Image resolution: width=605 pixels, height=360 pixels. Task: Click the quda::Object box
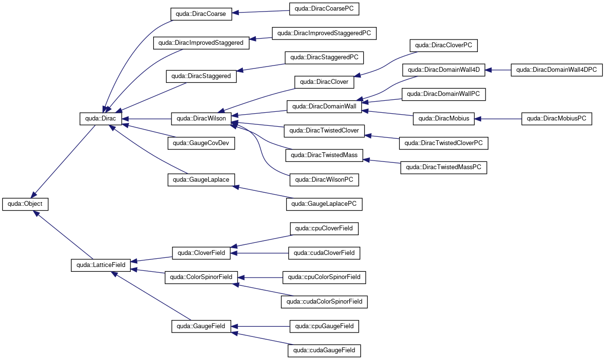coord(26,204)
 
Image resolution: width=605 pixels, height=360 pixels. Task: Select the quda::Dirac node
coord(101,119)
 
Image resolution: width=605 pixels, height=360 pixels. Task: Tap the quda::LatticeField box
coord(101,265)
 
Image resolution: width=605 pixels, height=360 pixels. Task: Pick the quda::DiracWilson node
coord(201,119)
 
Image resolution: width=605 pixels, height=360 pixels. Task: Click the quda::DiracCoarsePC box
coord(324,9)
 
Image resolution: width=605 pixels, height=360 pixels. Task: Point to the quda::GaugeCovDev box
coord(201,143)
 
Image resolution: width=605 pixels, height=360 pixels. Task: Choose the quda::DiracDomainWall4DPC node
coord(557,70)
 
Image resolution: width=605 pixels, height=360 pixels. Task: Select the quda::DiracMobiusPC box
coord(557,119)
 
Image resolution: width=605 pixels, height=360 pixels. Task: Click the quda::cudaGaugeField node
coord(324,350)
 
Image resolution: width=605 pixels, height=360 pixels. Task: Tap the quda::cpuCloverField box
coord(324,228)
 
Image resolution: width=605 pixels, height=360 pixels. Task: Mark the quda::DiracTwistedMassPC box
coord(444,168)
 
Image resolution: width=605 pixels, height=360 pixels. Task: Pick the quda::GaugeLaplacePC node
coord(324,204)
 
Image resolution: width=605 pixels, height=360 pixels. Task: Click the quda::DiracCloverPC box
coord(444,46)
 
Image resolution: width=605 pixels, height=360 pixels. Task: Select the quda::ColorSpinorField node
coord(201,278)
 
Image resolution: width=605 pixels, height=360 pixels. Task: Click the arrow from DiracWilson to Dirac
coord(146,119)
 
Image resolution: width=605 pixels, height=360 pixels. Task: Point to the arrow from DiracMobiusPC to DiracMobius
coord(498,119)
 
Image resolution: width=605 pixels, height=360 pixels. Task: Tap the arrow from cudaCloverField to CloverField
coord(259,253)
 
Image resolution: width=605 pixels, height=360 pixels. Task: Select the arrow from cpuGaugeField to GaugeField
coord(261,326)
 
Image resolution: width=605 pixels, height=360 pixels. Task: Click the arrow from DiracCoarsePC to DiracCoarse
coord(261,12)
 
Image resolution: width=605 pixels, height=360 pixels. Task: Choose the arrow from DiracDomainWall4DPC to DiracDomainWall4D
coord(498,70)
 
